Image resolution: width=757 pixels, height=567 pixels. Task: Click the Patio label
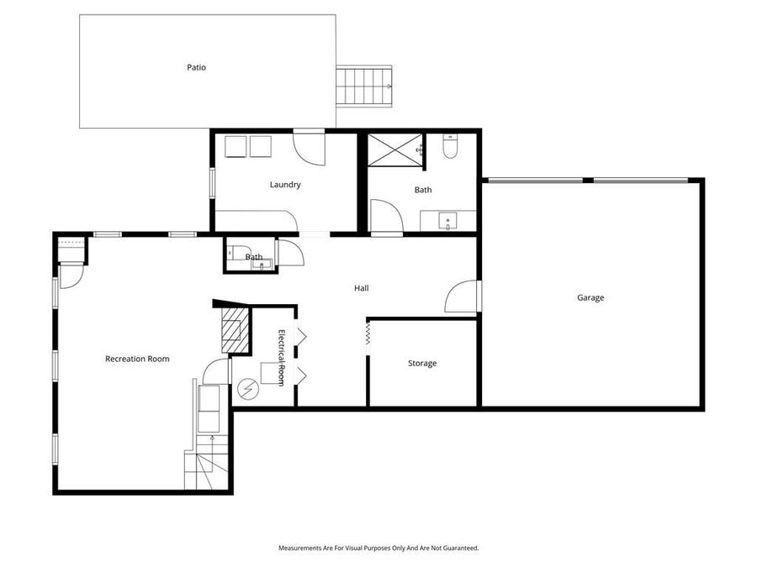pyautogui.click(x=196, y=67)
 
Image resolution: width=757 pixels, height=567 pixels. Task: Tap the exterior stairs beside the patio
pyautogui.click(x=365, y=86)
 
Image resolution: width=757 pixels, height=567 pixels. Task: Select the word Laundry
pyautogui.click(x=285, y=185)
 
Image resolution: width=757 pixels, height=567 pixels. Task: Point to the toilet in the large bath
pyautogui.click(x=450, y=149)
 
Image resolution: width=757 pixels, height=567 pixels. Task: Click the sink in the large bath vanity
pyautogui.click(x=448, y=222)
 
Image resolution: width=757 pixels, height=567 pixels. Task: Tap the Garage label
pyautogui.click(x=590, y=297)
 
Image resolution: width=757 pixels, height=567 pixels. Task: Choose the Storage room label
pyautogui.click(x=422, y=363)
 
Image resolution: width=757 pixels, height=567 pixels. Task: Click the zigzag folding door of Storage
pyautogui.click(x=368, y=335)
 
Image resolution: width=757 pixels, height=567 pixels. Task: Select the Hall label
pyautogui.click(x=361, y=288)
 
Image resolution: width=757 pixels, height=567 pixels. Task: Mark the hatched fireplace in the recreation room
pyautogui.click(x=234, y=330)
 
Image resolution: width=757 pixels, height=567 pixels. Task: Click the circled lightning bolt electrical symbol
pyautogui.click(x=248, y=388)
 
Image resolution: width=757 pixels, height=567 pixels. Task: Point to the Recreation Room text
pyautogui.click(x=137, y=359)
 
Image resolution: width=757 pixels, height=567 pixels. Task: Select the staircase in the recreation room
pyautogui.click(x=207, y=466)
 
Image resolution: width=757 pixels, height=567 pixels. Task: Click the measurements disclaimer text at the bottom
pyautogui.click(x=378, y=548)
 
